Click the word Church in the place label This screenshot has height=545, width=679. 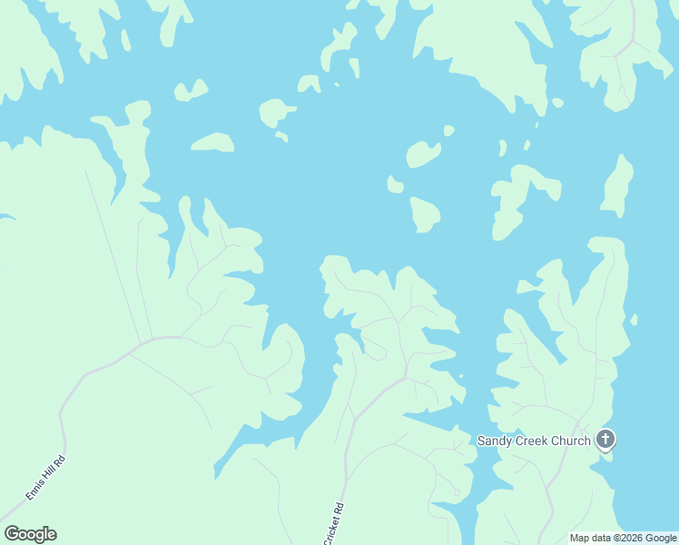pos(571,441)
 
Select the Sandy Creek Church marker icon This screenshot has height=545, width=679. pos(605,441)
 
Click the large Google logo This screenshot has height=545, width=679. pos(30,534)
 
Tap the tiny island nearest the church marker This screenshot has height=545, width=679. pos(634,320)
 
